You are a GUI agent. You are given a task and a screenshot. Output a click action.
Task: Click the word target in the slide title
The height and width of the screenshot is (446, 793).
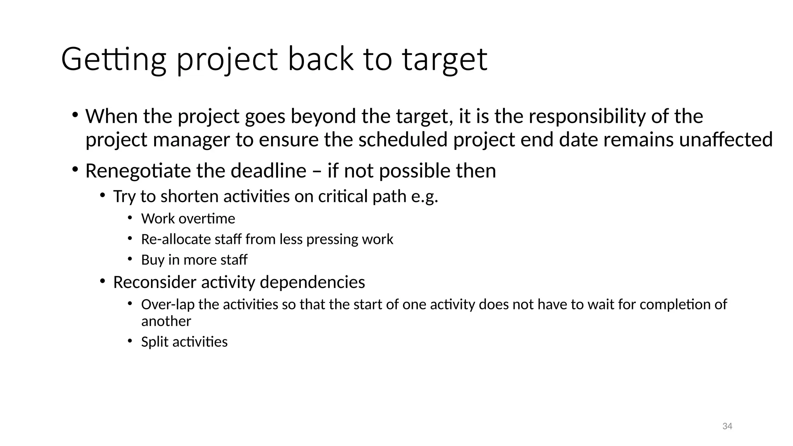(445, 59)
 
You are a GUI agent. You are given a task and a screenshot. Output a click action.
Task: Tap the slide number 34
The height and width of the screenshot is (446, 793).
(727, 426)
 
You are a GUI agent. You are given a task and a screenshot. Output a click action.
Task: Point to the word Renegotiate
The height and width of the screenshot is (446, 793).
(137, 171)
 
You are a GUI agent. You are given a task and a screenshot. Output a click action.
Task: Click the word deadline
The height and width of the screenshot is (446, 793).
(268, 171)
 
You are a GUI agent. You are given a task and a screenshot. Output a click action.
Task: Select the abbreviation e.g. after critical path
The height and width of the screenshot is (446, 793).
(424, 196)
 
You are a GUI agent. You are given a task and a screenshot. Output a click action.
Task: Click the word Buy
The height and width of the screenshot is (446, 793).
(153, 260)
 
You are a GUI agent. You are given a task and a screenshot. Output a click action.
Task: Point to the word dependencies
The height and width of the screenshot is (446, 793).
(312, 282)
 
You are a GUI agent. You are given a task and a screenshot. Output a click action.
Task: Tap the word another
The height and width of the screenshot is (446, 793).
(166, 321)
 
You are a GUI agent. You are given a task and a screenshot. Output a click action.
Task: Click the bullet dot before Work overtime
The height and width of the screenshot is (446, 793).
(130, 218)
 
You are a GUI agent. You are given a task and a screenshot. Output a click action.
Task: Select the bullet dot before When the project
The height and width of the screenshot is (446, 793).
(75, 115)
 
